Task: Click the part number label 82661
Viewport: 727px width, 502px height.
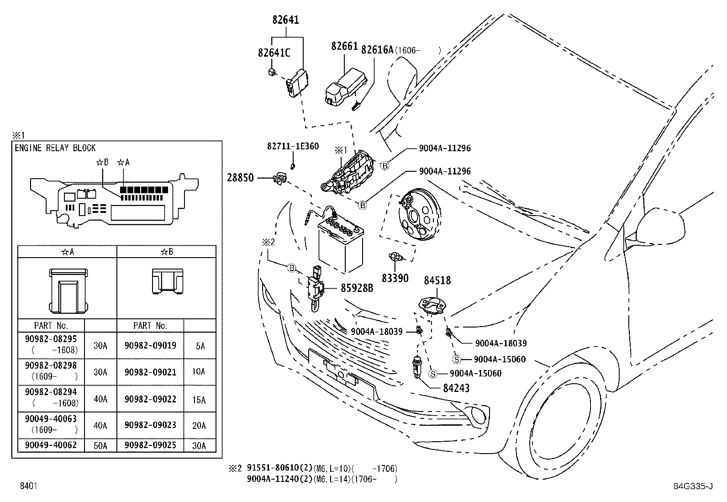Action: [x=344, y=46]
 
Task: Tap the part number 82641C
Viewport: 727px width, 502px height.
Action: [x=274, y=53]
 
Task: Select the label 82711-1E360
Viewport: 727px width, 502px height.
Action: [x=293, y=146]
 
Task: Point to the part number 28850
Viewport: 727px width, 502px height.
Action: [x=240, y=178]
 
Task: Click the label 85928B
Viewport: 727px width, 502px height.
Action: [x=357, y=288]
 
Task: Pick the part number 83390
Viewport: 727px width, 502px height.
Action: [x=395, y=278]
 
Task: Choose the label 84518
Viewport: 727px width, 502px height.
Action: [x=437, y=280]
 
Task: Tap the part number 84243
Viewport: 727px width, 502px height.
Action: [x=456, y=388]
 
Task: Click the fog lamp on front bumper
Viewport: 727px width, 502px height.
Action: [x=479, y=416]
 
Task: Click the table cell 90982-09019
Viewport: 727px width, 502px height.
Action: [x=150, y=346]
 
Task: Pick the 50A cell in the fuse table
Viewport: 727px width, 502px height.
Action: [x=100, y=445]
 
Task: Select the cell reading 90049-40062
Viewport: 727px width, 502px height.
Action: [x=51, y=445]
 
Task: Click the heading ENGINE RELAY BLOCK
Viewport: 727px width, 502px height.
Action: [x=55, y=148]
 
